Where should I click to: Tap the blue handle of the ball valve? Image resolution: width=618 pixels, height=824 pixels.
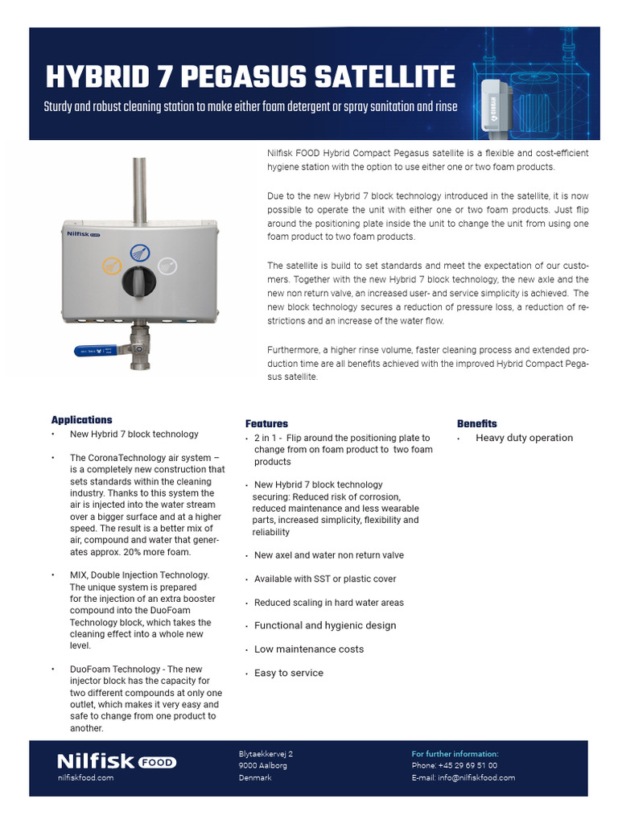coord(95,351)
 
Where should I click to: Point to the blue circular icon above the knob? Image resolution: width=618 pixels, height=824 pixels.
coord(138,250)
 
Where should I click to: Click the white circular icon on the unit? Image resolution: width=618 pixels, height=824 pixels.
coord(167,265)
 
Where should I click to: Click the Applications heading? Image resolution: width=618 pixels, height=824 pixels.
coord(81,420)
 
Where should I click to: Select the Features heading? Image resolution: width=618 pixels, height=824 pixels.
coord(266,423)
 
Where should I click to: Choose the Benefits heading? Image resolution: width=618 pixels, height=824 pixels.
coord(477,423)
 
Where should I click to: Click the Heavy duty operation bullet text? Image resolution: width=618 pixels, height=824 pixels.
coord(524,438)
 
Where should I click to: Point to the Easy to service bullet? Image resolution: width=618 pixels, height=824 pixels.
coord(288,673)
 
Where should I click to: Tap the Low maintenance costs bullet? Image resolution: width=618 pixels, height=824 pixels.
coord(308,649)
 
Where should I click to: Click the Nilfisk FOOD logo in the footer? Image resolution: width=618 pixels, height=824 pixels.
coord(116,761)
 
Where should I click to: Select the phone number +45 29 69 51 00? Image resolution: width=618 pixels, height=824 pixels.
coord(468,766)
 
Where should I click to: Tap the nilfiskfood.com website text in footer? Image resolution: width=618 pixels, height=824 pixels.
coord(85,778)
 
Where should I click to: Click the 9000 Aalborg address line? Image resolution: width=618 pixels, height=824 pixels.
coord(262,766)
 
